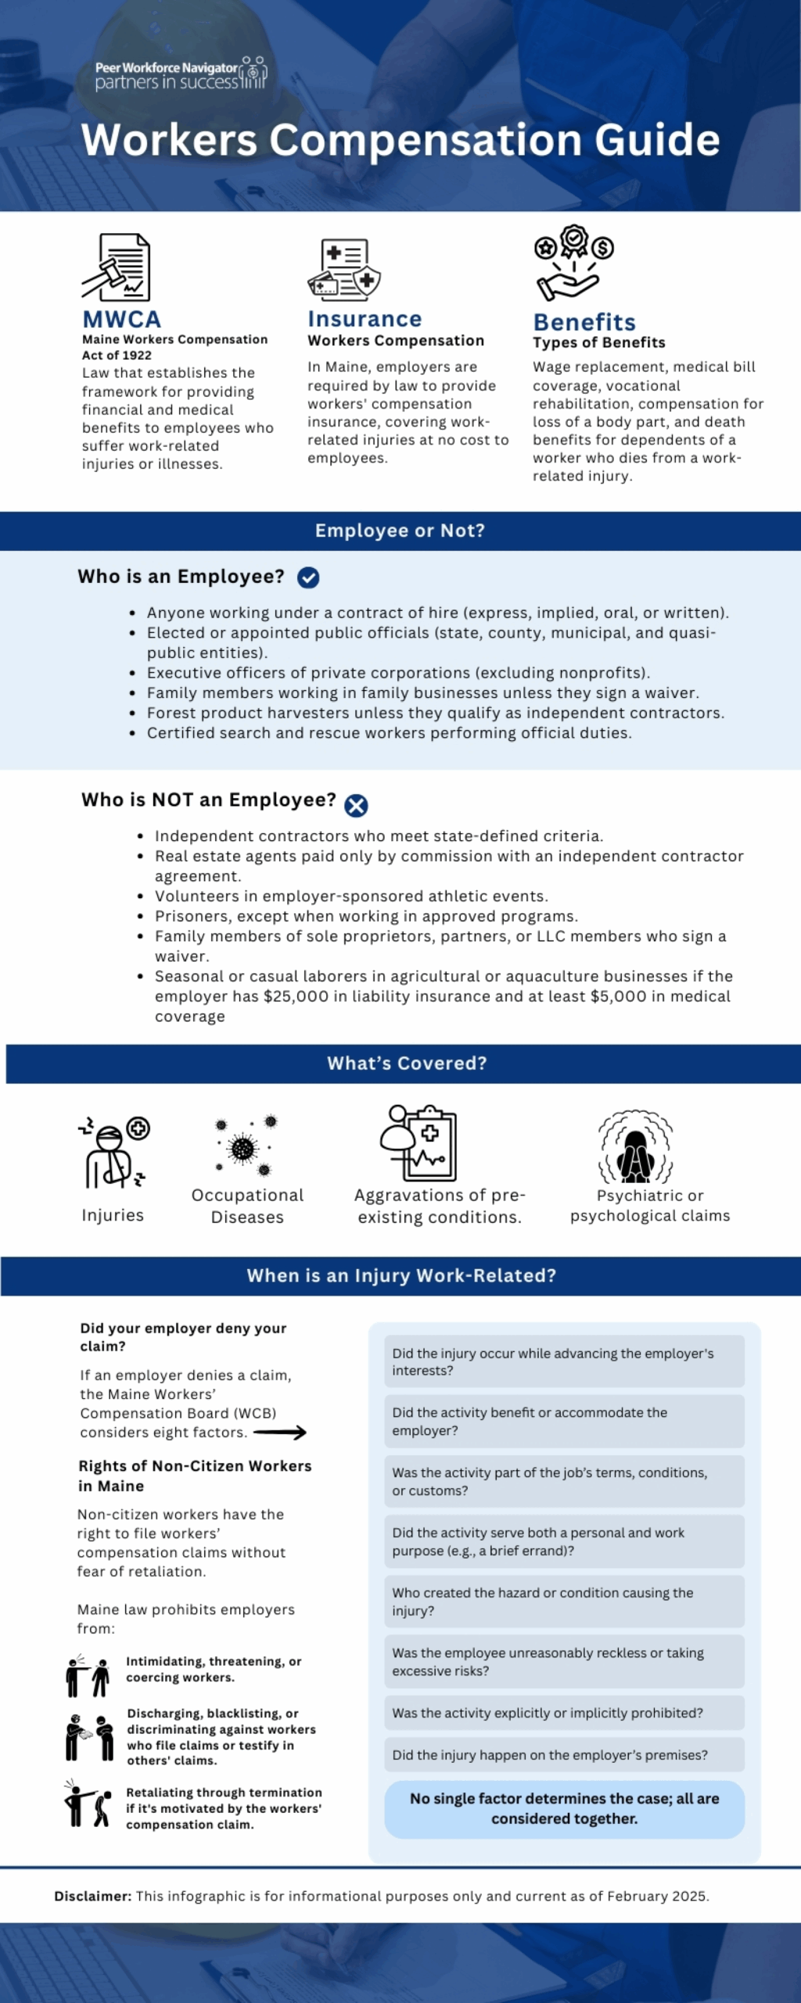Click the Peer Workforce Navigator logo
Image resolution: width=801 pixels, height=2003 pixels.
181,74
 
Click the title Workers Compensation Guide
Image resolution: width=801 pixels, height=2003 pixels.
400,140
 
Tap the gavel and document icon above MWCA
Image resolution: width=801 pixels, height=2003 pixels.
117,267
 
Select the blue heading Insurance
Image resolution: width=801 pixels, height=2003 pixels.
365,318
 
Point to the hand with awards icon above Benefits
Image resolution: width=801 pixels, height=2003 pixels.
573,263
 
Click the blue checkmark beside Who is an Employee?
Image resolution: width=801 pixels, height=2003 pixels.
308,577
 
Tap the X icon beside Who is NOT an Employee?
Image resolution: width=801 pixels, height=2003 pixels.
356,805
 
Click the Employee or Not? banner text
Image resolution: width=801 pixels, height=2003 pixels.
400,530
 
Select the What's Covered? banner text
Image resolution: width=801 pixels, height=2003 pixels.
407,1063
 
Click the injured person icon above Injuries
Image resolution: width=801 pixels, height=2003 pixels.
113,1152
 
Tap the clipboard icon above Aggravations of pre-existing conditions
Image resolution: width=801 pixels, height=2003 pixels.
418,1143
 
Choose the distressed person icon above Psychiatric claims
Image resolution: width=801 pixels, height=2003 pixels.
635,1148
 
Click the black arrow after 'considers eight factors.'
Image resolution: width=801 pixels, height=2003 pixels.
279,1433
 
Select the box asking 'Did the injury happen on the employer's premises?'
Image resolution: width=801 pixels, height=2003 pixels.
564,1755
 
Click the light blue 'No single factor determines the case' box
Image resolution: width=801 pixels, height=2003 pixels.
564,1808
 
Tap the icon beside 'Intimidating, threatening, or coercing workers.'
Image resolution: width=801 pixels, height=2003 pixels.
88,1676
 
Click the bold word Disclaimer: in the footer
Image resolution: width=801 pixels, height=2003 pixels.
92,1896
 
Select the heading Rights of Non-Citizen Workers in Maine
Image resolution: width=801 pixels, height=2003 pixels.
195,1476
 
